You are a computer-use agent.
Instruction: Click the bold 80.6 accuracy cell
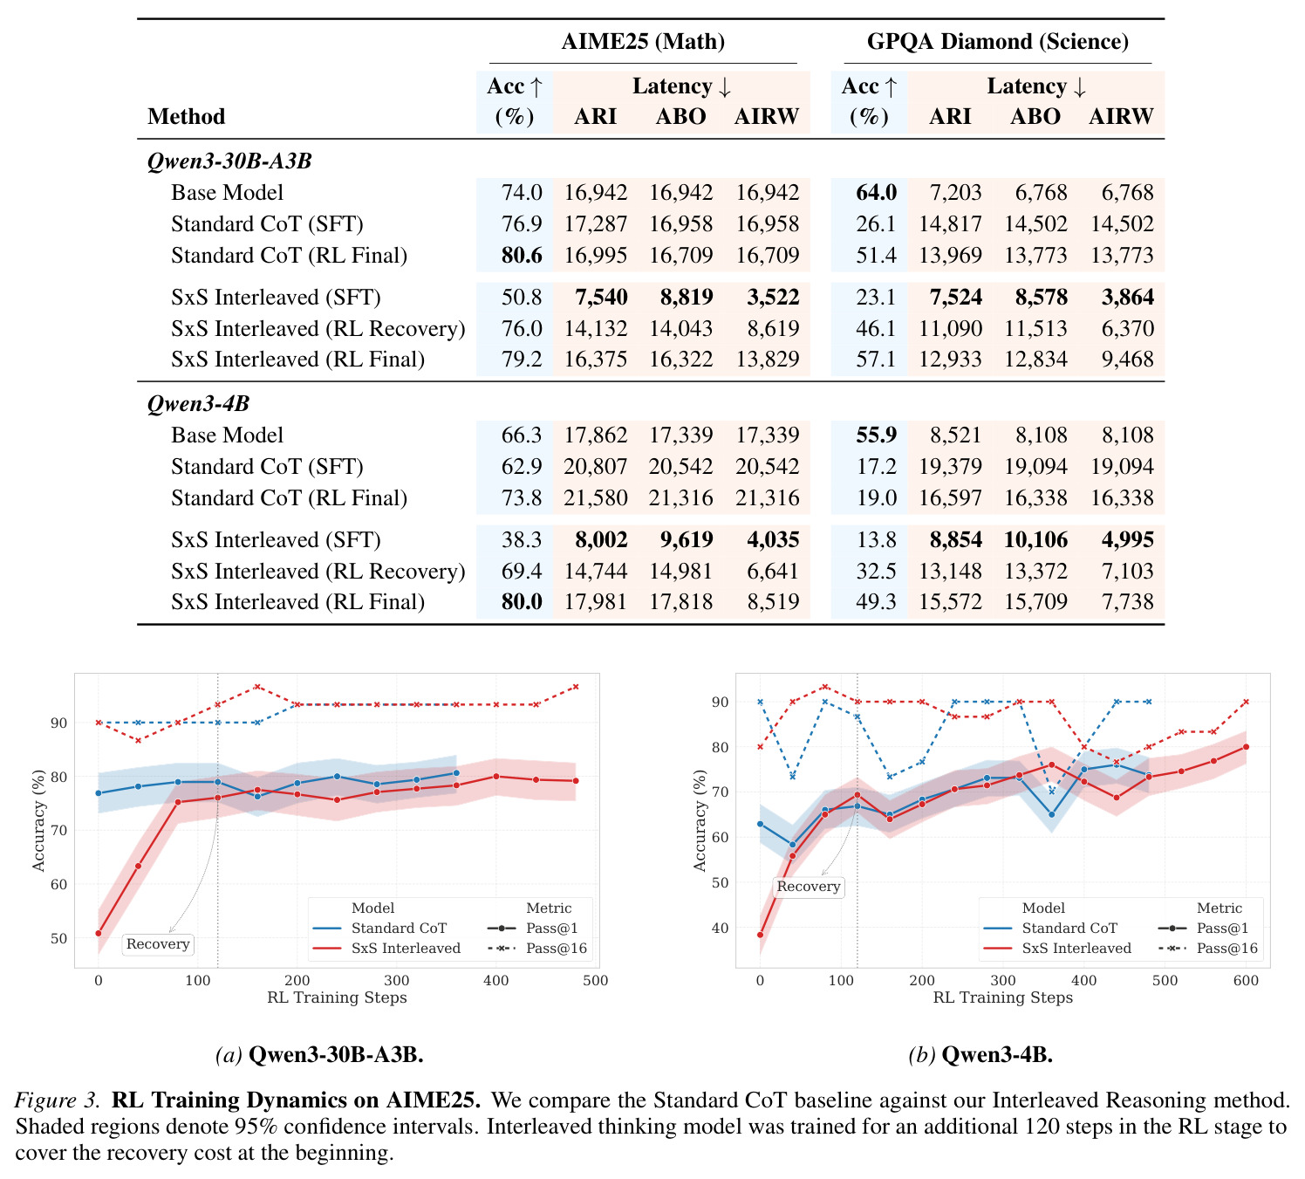pyautogui.click(x=521, y=255)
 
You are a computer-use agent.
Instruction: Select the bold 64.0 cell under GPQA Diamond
pyautogui.click(x=877, y=193)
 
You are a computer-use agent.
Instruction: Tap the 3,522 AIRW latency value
pyautogui.click(x=773, y=298)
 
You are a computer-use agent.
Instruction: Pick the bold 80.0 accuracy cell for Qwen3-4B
pyautogui.click(x=521, y=601)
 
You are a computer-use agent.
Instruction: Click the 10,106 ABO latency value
pyautogui.click(x=1035, y=539)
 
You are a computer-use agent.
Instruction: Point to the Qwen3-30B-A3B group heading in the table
pyautogui.click(x=229, y=161)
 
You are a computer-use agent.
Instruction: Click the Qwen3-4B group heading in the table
pyautogui.click(x=198, y=404)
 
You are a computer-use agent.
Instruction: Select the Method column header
pyautogui.click(x=186, y=117)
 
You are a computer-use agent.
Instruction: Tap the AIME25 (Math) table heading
pyautogui.click(x=643, y=42)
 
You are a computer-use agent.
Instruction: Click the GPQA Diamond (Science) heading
pyautogui.click(x=997, y=42)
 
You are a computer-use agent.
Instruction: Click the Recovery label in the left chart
pyautogui.click(x=157, y=944)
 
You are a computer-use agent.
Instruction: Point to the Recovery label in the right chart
pyautogui.click(x=808, y=886)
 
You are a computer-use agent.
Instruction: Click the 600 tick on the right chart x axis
pyautogui.click(x=1246, y=980)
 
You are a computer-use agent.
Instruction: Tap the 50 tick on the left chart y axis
pyautogui.click(x=58, y=938)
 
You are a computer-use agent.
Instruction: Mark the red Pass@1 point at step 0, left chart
pyautogui.click(x=99, y=934)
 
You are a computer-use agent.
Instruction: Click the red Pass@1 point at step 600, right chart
pyautogui.click(x=1246, y=747)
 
